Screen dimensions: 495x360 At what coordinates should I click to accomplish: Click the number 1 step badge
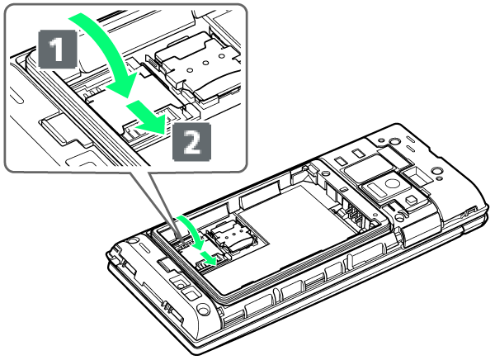[58, 49]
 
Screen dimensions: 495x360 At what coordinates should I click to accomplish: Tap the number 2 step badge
[192, 141]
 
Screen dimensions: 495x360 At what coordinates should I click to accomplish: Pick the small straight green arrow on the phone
[209, 258]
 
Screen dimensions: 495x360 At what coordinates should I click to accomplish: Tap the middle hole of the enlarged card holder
[205, 63]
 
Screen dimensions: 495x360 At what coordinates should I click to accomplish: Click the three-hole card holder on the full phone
[230, 236]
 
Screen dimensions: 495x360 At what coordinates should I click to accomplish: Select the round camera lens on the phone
[391, 183]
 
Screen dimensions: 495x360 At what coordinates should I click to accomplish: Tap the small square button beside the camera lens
[411, 200]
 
